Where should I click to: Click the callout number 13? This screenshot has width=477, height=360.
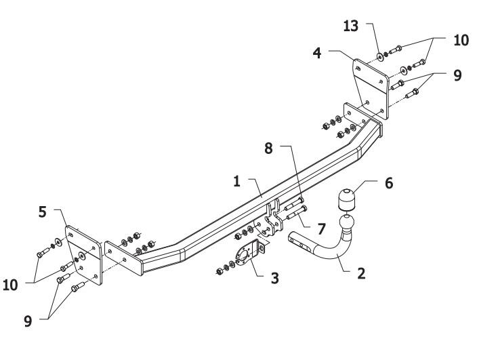point(351,26)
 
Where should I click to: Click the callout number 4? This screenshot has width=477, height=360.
point(317,53)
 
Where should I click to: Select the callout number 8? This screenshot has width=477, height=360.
point(268,148)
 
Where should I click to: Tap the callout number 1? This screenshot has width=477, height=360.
point(237,182)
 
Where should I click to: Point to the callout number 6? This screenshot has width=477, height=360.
point(389,183)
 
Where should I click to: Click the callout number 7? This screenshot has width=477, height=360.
point(321,229)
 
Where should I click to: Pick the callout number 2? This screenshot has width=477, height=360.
point(361,273)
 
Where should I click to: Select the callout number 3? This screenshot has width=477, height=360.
point(274,278)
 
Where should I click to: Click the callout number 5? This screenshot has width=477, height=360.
point(43,212)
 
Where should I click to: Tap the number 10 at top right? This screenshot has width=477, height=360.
point(461,41)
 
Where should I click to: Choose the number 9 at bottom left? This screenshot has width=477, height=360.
point(28,321)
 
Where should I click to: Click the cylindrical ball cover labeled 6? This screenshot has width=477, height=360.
point(346,199)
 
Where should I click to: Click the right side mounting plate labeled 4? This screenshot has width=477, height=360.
point(371,89)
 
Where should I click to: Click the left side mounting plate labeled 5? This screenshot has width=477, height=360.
point(83,255)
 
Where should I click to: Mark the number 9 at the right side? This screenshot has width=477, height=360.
point(457,75)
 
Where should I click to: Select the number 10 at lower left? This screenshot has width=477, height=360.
point(10,285)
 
